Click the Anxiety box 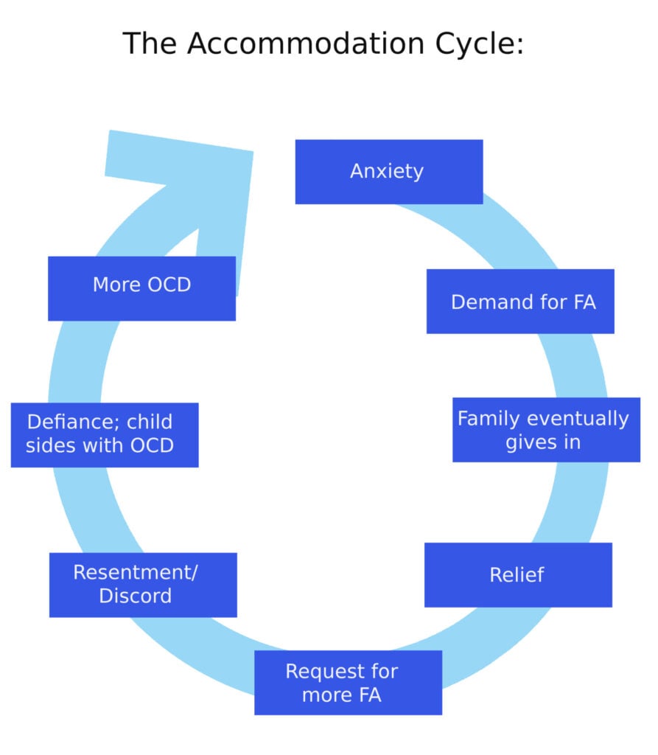[x=388, y=171]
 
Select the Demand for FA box [x=519, y=302]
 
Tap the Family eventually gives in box [x=545, y=430]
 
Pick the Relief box [x=517, y=575]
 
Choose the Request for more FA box [x=348, y=683]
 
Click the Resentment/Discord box [x=143, y=585]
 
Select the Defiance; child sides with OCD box [x=104, y=435]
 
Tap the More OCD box [x=141, y=288]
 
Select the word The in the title [x=150, y=44]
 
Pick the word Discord [x=135, y=596]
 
